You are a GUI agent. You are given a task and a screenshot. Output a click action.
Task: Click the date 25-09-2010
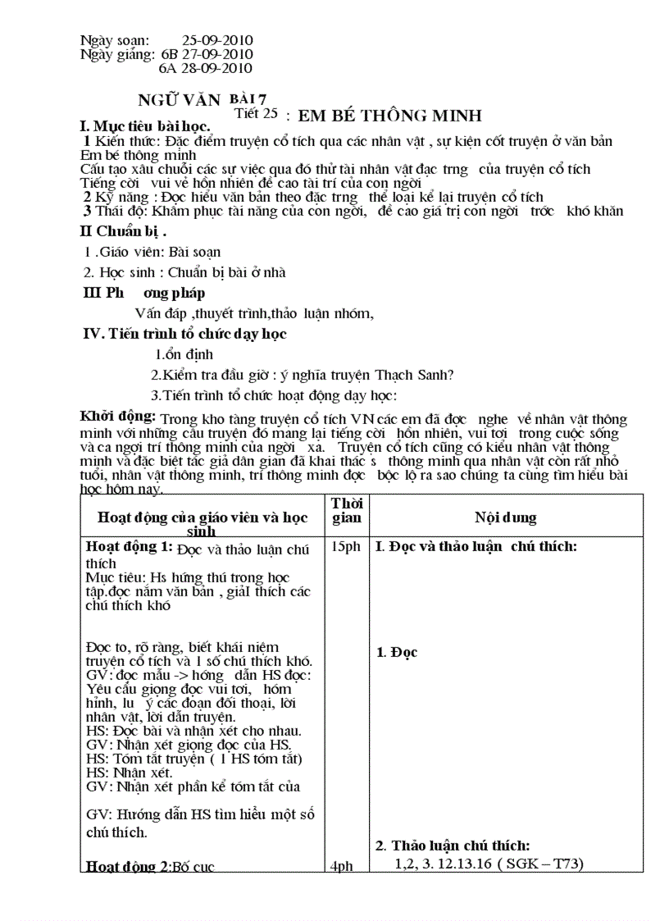click(216, 40)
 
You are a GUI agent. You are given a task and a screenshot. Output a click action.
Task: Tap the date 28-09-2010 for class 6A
click(216, 69)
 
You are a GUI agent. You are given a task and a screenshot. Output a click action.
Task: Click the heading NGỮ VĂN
click(180, 100)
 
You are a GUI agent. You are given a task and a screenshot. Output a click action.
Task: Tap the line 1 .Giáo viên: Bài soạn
click(152, 253)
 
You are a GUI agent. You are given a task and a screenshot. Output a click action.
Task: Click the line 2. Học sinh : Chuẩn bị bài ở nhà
click(185, 272)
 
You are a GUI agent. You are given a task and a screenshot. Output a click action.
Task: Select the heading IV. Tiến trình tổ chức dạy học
click(185, 334)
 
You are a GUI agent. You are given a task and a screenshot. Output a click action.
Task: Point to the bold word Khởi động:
click(118, 415)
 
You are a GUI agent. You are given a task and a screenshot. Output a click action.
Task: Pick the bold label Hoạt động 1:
click(130, 547)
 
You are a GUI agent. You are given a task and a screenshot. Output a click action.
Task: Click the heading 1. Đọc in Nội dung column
click(397, 652)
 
